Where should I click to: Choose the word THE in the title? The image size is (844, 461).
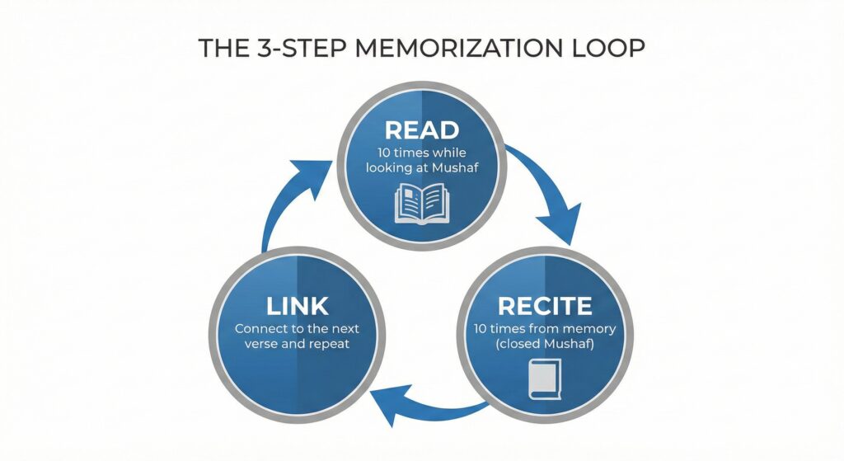(x=221, y=49)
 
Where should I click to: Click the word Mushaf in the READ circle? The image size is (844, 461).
(x=457, y=169)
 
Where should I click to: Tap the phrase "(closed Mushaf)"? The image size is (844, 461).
(x=546, y=344)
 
